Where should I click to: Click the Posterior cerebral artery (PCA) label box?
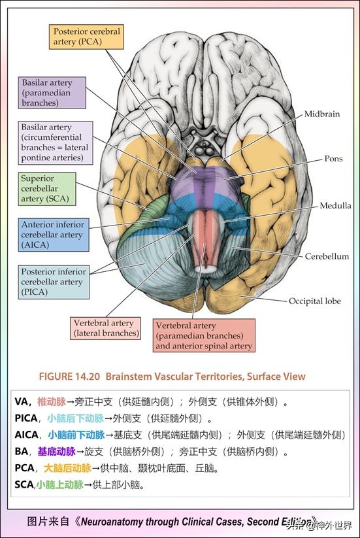[x=87, y=36]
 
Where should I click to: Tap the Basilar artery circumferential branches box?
[x=56, y=143]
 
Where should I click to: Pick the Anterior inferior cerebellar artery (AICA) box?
[x=54, y=235]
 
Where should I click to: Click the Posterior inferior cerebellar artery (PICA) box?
[x=54, y=282]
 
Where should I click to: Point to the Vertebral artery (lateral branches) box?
[x=106, y=328]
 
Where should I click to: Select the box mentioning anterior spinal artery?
[x=204, y=336]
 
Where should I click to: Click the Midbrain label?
[x=321, y=114]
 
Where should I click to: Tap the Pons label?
[x=333, y=159]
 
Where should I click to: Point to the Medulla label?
[x=335, y=205]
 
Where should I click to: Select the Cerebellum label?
[x=327, y=256]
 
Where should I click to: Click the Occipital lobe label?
[x=315, y=301]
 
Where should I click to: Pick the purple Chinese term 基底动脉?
[x=56, y=452]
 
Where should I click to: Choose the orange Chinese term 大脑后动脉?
[x=67, y=469]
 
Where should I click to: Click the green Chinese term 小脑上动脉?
[x=59, y=485]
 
